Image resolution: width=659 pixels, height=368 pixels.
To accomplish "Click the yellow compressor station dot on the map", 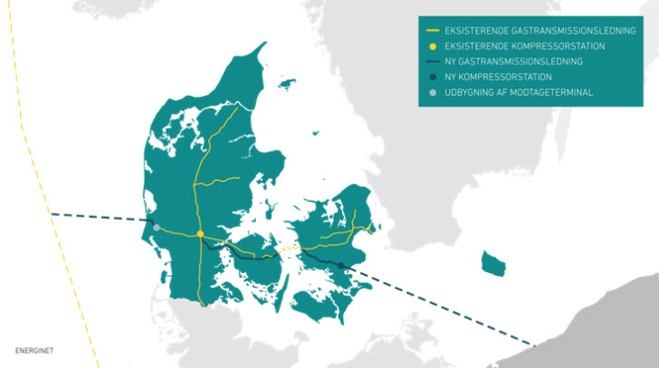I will (x=200, y=235).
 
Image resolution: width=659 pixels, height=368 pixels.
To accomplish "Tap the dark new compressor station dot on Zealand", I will (x=341, y=265).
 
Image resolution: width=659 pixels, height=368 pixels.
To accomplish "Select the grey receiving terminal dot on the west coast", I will (x=157, y=228).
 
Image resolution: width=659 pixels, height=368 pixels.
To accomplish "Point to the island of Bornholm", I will (x=493, y=264).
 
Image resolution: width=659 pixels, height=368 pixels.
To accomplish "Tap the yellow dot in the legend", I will (x=433, y=45).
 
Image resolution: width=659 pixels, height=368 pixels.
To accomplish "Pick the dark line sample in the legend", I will (x=433, y=61).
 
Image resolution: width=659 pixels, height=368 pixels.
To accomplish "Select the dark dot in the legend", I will (x=433, y=77).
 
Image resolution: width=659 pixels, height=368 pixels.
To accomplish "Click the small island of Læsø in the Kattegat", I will (x=289, y=84).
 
